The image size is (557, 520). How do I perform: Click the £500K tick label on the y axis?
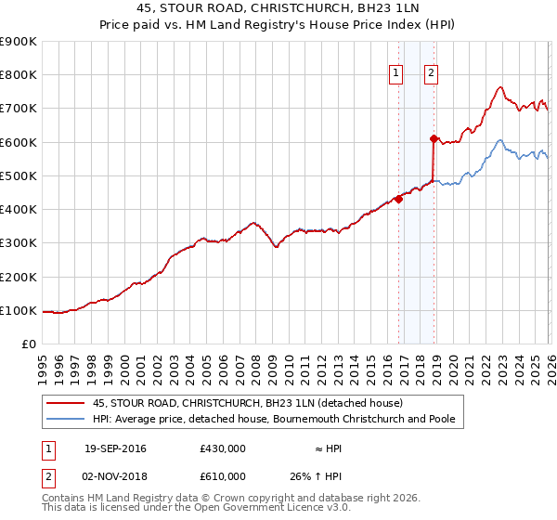18,175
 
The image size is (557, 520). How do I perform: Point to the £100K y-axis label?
18,310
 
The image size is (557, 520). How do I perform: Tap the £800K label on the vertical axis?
18,74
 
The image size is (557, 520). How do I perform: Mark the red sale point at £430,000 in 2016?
398,199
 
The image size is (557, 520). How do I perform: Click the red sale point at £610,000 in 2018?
434,138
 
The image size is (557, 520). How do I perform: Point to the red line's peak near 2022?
500,87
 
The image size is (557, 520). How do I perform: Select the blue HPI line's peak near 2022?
500,140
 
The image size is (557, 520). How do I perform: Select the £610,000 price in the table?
223,475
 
